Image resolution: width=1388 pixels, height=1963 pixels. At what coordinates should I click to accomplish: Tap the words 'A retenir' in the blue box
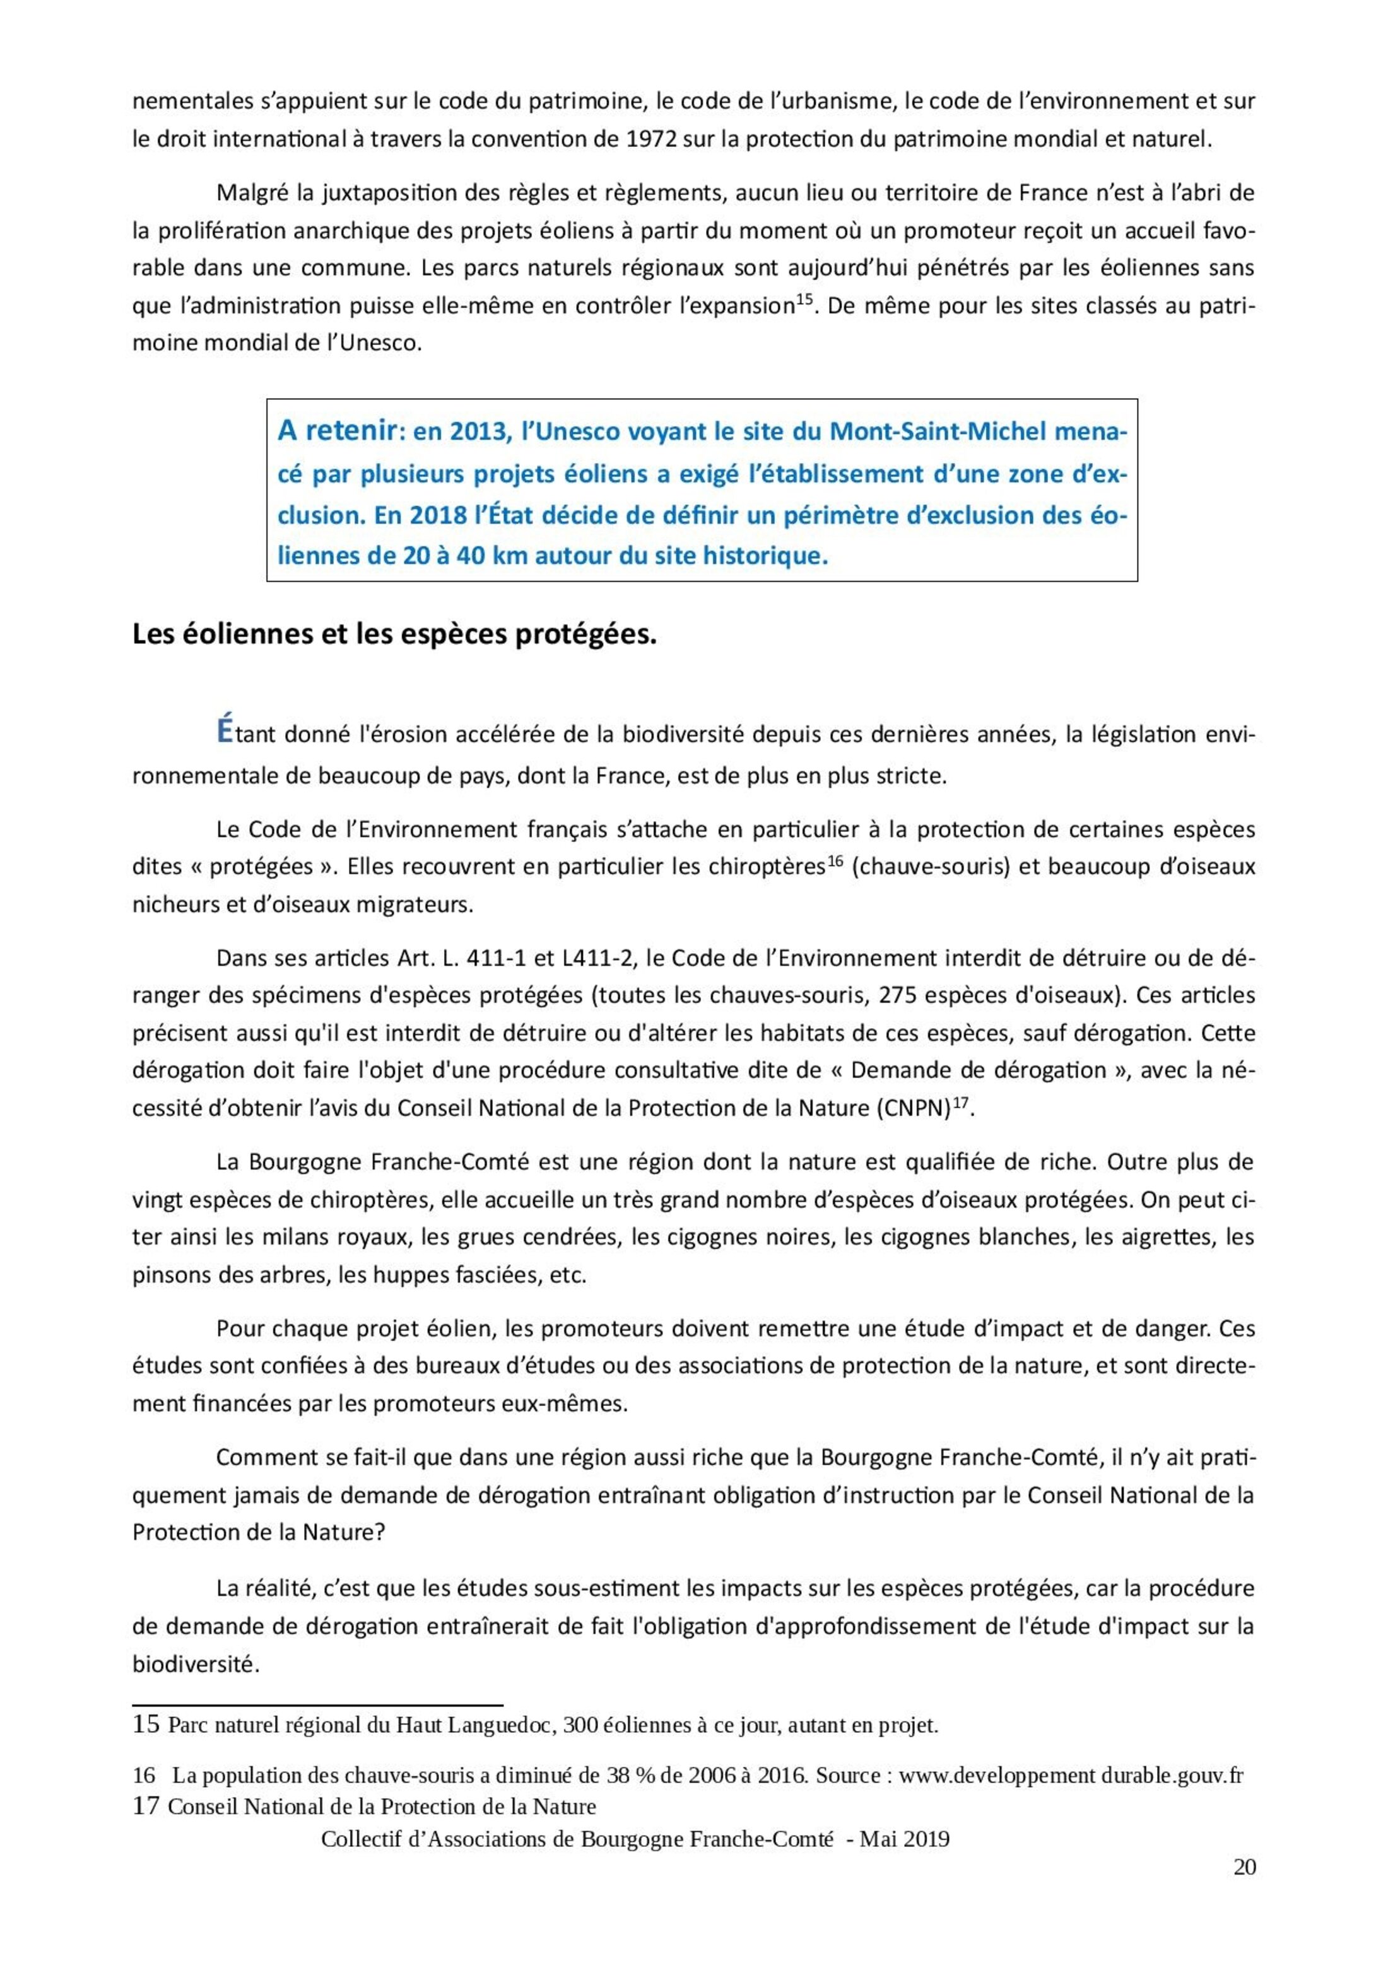tap(337, 431)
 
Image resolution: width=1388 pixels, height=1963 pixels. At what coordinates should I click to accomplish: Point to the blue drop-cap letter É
tap(224, 732)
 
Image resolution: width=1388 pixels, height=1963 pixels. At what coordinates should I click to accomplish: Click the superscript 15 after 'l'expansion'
tap(804, 299)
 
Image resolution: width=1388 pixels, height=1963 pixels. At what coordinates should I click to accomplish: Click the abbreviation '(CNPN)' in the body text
tap(914, 1109)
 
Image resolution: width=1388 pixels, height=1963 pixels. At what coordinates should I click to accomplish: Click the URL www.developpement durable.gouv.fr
tap(1071, 1775)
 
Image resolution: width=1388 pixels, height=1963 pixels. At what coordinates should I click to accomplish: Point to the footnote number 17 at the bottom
tap(146, 1807)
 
